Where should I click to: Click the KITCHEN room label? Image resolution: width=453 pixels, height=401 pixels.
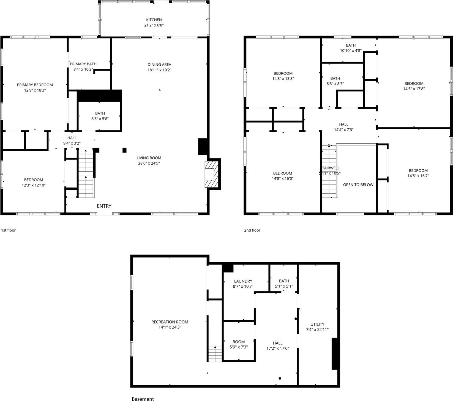[154, 20]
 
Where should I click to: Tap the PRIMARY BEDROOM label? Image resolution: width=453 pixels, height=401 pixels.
[35, 85]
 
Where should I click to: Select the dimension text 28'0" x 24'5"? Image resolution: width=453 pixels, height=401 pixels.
[149, 163]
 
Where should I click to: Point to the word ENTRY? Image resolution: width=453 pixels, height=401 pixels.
[104, 206]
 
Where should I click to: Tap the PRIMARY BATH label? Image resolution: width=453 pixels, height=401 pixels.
[83, 64]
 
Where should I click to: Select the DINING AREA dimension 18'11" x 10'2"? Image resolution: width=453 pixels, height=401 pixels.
[159, 70]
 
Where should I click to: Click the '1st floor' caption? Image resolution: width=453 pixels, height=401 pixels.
[9, 230]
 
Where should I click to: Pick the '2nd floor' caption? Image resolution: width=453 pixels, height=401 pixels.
[252, 230]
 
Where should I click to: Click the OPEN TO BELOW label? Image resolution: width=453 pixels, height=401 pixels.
[358, 185]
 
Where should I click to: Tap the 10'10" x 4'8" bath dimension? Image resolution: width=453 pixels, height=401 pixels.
[351, 50]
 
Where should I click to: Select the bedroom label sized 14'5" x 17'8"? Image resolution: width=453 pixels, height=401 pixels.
[414, 84]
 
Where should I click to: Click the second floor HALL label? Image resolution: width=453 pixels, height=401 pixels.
[343, 124]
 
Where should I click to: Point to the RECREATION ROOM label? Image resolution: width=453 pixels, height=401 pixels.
[170, 322]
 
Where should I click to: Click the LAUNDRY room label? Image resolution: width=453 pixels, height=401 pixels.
[243, 281]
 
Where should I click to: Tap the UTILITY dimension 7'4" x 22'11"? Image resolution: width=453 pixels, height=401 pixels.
[317, 330]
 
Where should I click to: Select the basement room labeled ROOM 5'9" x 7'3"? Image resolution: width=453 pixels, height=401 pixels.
[239, 342]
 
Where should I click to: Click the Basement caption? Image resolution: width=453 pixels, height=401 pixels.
[143, 399]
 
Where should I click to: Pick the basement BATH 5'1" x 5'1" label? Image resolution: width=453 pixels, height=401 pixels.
[284, 281]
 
